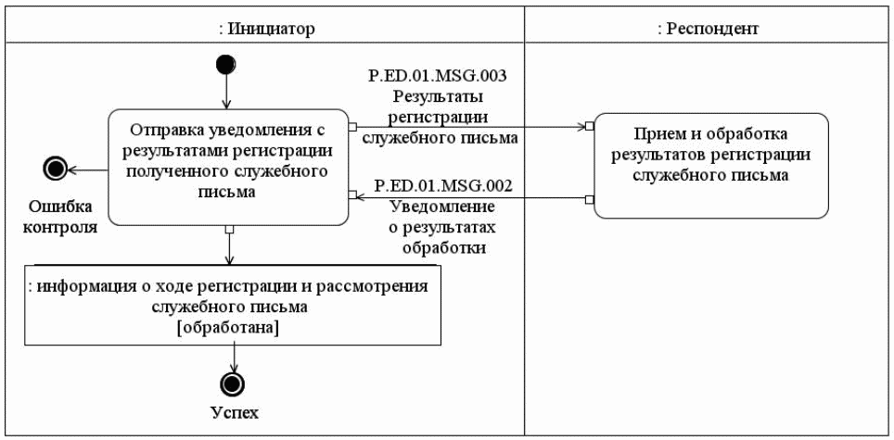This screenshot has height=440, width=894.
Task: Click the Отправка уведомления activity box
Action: (228, 168)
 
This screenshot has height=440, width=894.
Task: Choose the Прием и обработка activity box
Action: (710, 165)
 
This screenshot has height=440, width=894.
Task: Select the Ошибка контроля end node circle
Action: (56, 168)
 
